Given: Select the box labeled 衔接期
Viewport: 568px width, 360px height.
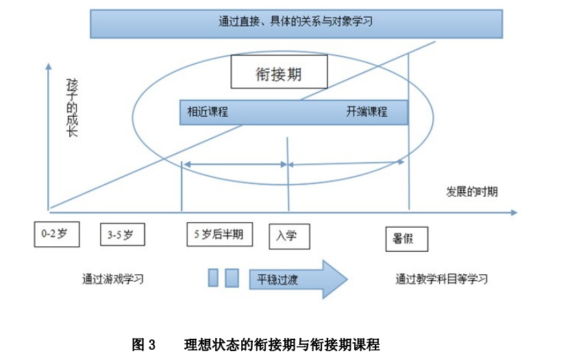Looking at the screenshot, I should coord(278,71).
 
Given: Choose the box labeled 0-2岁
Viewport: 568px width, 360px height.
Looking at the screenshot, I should coord(56,234).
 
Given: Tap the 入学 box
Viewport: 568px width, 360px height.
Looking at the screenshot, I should coord(288,236).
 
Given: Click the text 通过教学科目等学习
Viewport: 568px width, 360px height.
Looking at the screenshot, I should coord(441,279).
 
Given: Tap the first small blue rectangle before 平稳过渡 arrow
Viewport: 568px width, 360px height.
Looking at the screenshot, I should coord(213,278).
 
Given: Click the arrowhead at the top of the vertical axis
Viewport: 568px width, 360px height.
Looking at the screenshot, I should coord(49,67).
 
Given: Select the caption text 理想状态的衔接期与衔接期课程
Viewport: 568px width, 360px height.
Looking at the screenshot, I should coord(282,344).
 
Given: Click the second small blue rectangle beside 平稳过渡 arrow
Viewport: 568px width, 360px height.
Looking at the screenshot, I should coord(232,278).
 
